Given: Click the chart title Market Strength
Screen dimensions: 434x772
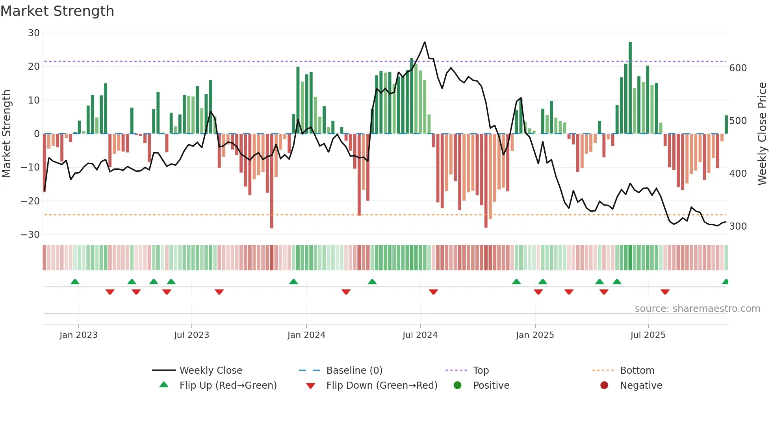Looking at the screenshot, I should pos(57,11).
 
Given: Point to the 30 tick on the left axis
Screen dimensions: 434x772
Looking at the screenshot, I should pos(34,33).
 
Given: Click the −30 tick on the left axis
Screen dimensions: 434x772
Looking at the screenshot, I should pos(30,235).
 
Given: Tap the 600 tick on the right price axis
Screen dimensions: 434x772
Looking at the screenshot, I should pos(738,68).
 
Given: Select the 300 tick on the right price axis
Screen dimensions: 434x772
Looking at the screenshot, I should pos(738,226).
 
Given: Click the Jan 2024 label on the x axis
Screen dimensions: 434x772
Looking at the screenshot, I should pos(306,335).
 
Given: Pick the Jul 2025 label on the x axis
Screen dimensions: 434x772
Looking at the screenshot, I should pos(648,335).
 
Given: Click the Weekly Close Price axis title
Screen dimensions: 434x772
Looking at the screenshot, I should pos(762,134).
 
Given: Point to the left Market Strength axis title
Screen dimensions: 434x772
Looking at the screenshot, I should pos(7,134).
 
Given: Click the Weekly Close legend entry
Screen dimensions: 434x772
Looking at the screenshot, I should pos(210,371).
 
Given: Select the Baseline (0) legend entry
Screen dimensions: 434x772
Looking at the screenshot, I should pos(354,371).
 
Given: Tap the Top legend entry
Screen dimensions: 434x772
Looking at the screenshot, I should pos(481,371).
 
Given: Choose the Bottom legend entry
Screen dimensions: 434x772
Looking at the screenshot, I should pos(637,371).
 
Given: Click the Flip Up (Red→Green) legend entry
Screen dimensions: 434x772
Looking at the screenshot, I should pos(228,386).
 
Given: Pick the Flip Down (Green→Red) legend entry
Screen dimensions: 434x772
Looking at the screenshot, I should pos(381,386).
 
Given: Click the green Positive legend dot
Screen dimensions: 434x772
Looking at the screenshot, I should pos(457,386).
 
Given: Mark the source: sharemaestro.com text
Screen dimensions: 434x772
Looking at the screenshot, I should pos(697,309).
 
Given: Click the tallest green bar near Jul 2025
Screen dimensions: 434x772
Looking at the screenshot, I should pos(630,87).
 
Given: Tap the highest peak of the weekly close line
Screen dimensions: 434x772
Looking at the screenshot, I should pos(425,42).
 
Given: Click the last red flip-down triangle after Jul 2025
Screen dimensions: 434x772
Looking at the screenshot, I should pos(665,292).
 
